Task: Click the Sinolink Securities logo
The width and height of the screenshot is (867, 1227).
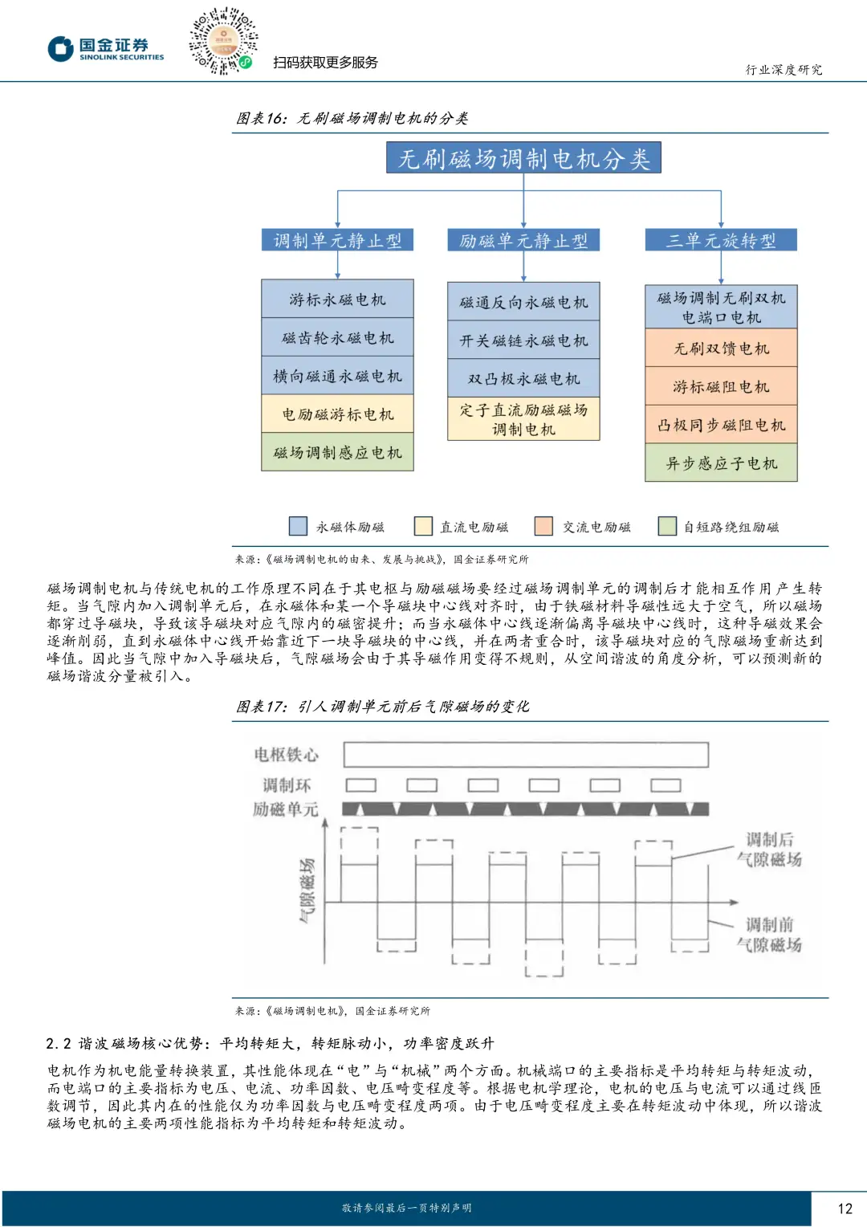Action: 105,49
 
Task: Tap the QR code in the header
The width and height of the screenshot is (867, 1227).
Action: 222,41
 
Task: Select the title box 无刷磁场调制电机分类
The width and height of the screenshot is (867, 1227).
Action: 523,158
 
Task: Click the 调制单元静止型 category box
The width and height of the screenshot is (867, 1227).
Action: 337,240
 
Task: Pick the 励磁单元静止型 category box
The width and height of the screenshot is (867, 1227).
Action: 523,240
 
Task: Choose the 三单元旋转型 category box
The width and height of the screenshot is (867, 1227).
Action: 721,240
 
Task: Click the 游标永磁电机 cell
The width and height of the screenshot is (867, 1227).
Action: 337,299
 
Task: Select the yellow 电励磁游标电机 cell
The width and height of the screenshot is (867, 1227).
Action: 337,414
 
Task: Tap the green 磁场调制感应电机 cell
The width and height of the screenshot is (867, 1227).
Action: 337,453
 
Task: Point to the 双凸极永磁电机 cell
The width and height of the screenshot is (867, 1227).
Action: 523,378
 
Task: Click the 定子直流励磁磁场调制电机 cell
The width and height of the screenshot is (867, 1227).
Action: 523,419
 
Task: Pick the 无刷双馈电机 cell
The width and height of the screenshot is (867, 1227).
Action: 721,348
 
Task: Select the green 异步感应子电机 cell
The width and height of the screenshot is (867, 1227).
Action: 721,463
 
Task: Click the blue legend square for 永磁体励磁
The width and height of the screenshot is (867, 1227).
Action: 298,526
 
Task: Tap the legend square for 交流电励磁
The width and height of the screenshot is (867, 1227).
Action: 543,526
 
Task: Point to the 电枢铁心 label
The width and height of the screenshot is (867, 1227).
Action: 286,754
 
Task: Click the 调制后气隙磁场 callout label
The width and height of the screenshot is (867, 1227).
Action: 769,850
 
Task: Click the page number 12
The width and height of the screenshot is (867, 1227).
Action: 845,1208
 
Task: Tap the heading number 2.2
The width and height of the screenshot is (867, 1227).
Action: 59,1043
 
